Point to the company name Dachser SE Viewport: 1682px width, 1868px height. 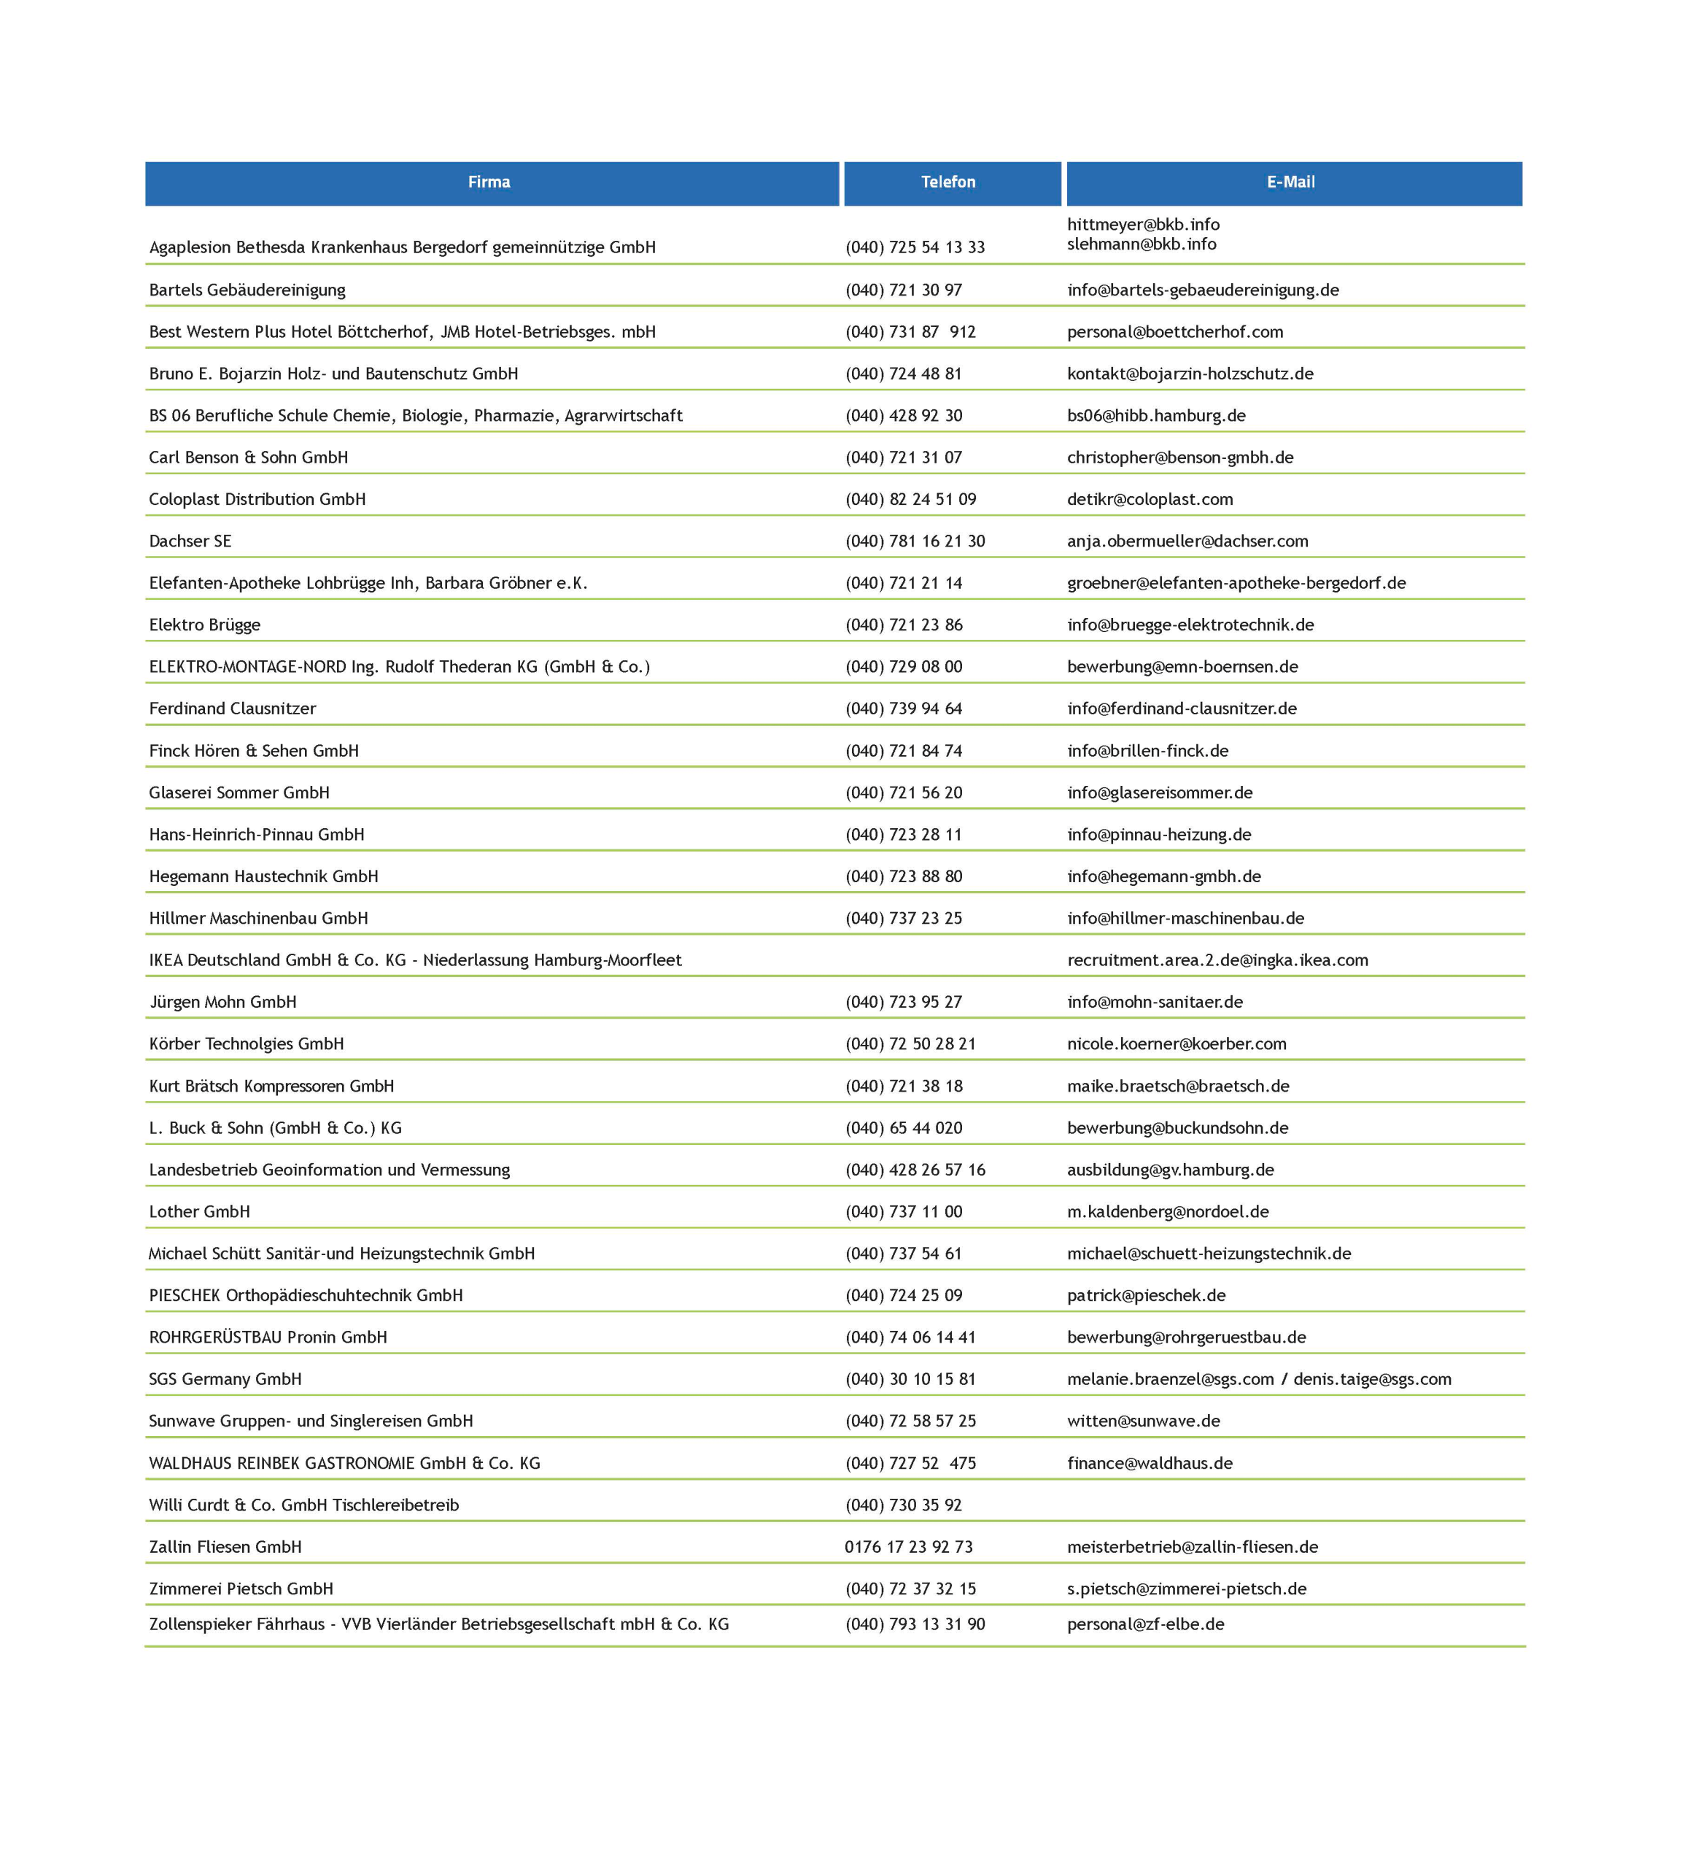[190, 541]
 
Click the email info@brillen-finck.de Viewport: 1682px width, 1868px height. [1148, 751]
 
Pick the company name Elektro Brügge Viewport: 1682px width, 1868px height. [205, 625]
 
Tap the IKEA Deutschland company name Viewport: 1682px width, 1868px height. [415, 960]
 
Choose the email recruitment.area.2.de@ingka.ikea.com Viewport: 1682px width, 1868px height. [1217, 960]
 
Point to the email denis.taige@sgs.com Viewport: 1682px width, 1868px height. [1373, 1379]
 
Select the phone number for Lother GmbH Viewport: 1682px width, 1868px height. [904, 1211]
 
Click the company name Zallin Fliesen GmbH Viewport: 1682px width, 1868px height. [225, 1546]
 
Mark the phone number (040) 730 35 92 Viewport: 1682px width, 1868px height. [904, 1505]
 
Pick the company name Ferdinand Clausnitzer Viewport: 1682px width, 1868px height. [233, 708]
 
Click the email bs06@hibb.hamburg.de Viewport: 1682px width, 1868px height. [1156, 415]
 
